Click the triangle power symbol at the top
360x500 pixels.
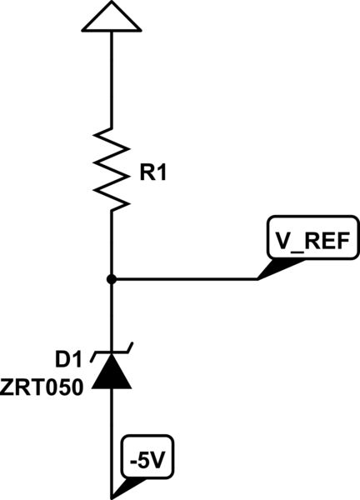click(111, 16)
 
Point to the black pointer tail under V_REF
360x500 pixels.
click(275, 268)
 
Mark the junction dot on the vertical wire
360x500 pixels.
click(111, 279)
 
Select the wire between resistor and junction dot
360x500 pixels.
click(111, 246)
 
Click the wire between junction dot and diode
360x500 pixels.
click(111, 317)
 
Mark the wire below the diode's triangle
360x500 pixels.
click(111, 433)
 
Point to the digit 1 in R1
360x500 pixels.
click(162, 175)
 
